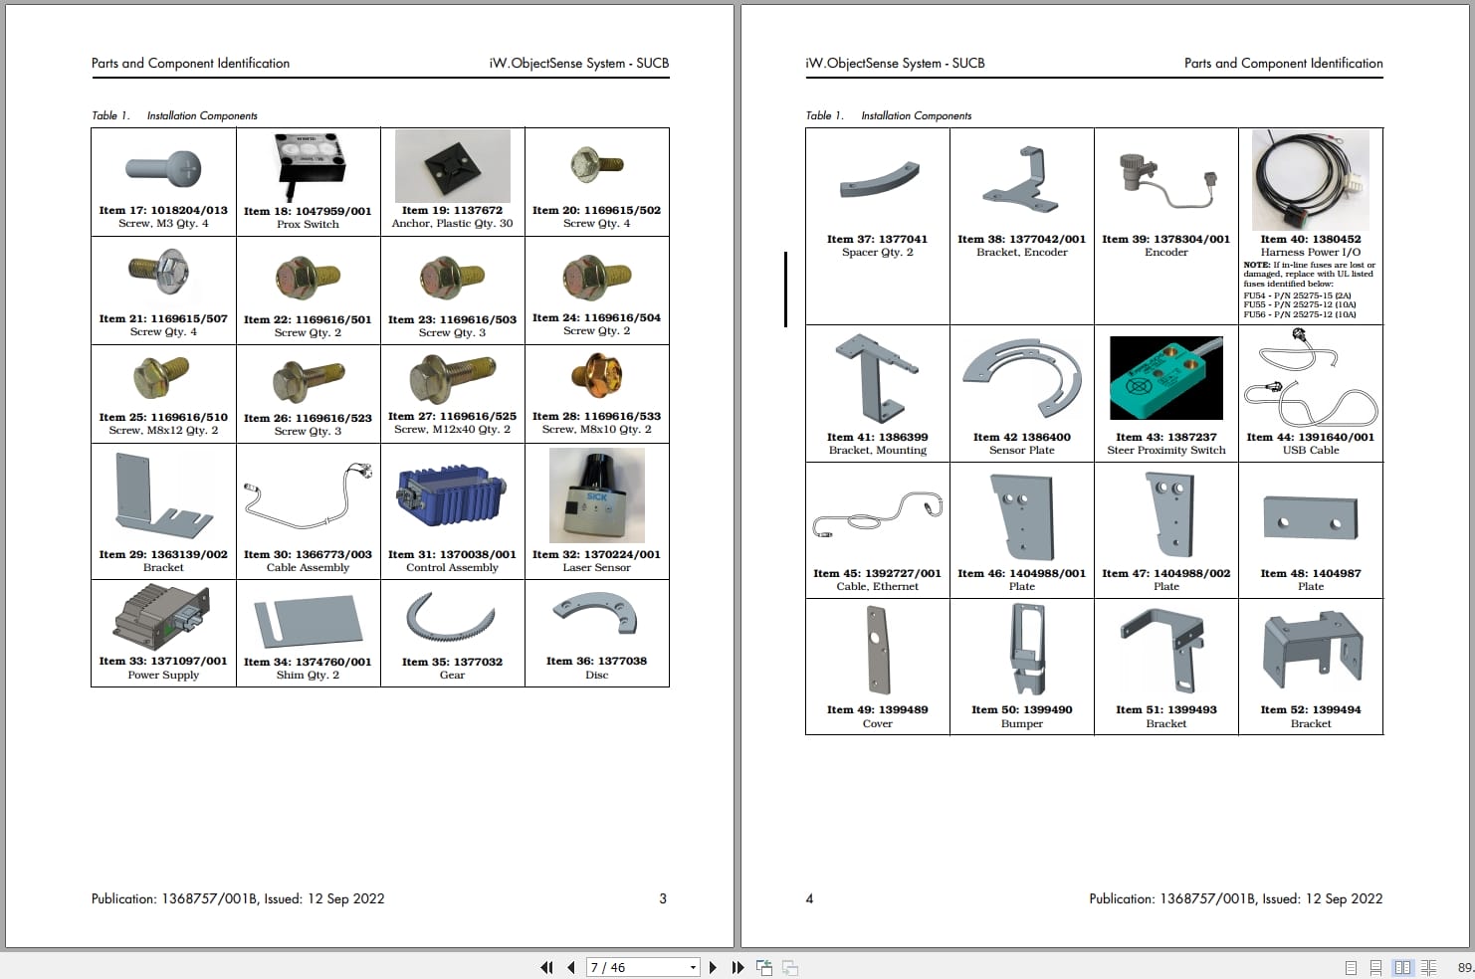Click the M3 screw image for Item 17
(x=164, y=168)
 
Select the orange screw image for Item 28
(x=596, y=377)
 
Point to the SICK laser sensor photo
(x=596, y=494)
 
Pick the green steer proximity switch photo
(x=1165, y=378)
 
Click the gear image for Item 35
(x=451, y=619)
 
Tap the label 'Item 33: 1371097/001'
(x=163, y=661)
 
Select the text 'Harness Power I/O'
(x=1310, y=253)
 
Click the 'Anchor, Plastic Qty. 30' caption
(x=452, y=224)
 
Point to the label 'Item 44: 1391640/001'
(x=1310, y=437)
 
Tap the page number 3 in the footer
(x=663, y=898)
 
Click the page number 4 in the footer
(x=809, y=898)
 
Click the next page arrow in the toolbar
(x=713, y=967)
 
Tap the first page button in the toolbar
(x=546, y=967)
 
